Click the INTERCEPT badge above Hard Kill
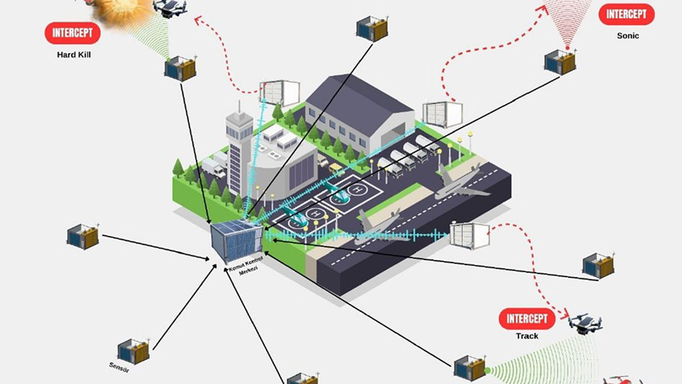coord(72,33)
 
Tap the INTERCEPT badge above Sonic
coord(626,14)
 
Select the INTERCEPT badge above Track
coord(527,319)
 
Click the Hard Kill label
coord(74,55)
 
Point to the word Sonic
coord(628,36)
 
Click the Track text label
coord(527,336)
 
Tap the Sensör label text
coord(119,367)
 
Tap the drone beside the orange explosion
coord(170,8)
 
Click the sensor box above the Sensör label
coord(134,351)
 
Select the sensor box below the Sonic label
coord(560,62)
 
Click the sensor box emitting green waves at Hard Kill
coord(180,69)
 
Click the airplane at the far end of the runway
coord(462,185)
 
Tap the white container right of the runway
coord(469,235)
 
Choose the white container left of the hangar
coord(280,93)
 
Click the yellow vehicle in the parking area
coord(336,169)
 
